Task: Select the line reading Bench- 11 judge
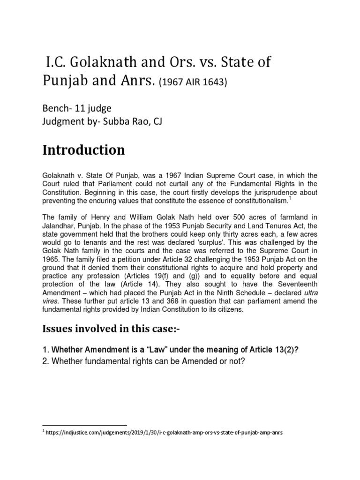(x=77, y=109)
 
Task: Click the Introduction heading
(x=84, y=150)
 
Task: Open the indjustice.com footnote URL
(x=165, y=433)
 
